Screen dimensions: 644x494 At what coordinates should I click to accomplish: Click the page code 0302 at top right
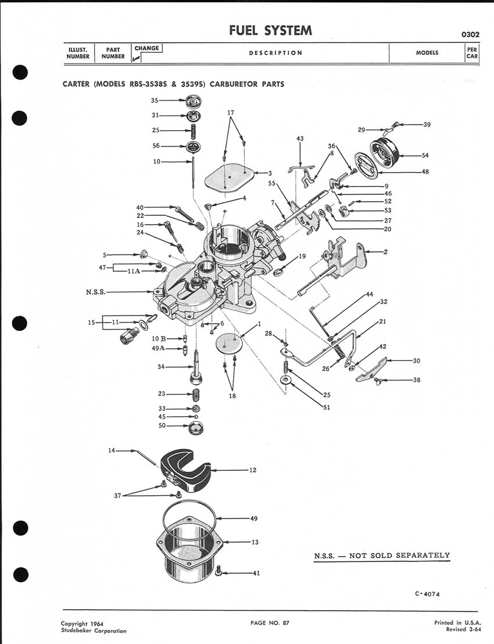coord(470,34)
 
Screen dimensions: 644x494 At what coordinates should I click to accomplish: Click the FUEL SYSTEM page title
coord(270,30)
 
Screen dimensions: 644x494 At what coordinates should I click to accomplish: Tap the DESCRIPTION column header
coord(275,53)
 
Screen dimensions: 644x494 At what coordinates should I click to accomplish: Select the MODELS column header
coord(427,53)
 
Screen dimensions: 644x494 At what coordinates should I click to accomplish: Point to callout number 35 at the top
coord(155,100)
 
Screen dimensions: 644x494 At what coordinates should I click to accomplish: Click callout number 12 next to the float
coord(252,470)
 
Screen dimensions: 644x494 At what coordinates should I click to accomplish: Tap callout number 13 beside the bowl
coord(255,542)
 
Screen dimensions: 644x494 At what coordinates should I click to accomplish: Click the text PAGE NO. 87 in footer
coord(270,623)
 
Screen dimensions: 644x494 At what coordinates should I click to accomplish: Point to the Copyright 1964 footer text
coord(83,623)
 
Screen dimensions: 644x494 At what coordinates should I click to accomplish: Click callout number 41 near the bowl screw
coord(256,574)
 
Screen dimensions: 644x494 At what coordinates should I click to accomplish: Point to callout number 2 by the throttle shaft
coord(385,252)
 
